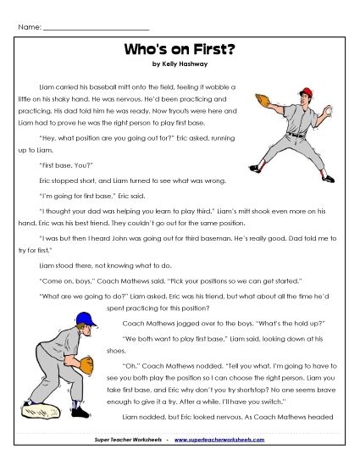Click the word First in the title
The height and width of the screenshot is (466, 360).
[x=214, y=50]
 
